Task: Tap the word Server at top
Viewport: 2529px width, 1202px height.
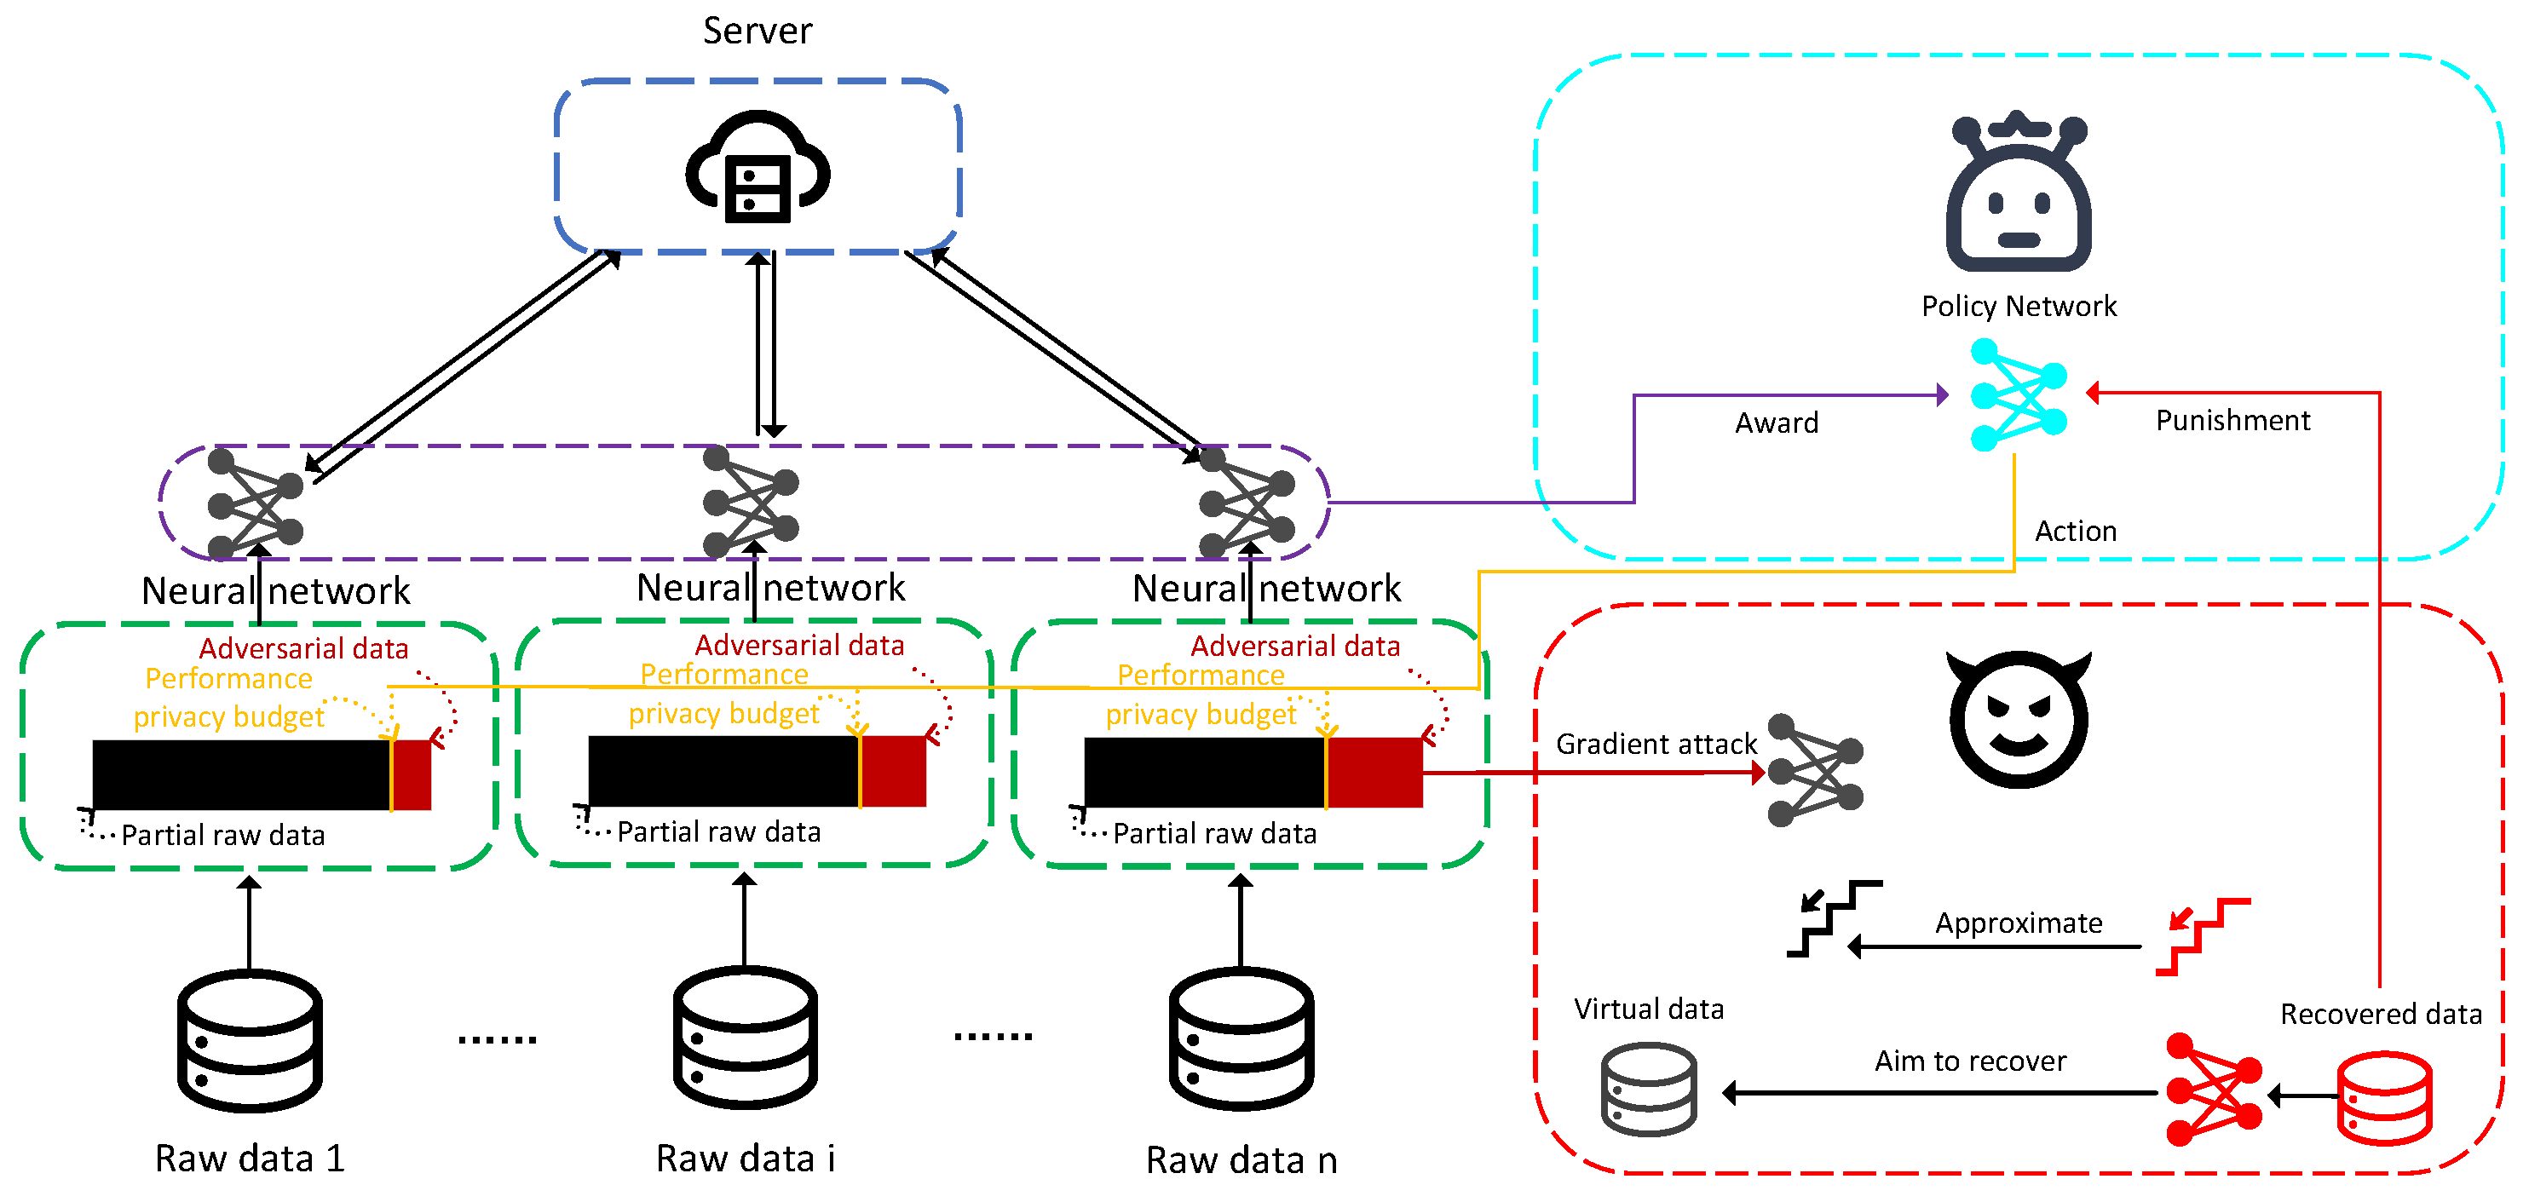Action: pos(757,31)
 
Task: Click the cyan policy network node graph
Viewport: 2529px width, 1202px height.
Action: pos(2018,394)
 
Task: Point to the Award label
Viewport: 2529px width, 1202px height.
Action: pos(1776,423)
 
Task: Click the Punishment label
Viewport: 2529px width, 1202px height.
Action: pos(2232,421)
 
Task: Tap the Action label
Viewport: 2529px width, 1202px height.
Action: pos(2075,531)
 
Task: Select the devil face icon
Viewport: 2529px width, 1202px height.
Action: pos(2018,719)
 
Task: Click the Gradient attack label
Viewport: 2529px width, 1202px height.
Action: pos(1656,744)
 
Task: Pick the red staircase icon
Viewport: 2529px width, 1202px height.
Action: pos(2202,936)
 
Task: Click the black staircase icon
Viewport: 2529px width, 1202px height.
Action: pos(1833,918)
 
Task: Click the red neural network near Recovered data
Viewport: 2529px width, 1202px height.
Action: pos(2213,1090)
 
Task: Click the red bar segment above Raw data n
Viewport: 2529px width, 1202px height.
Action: pos(1374,772)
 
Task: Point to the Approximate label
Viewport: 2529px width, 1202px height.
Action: pos(2018,923)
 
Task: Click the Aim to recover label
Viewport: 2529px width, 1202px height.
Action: pos(1969,1061)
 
